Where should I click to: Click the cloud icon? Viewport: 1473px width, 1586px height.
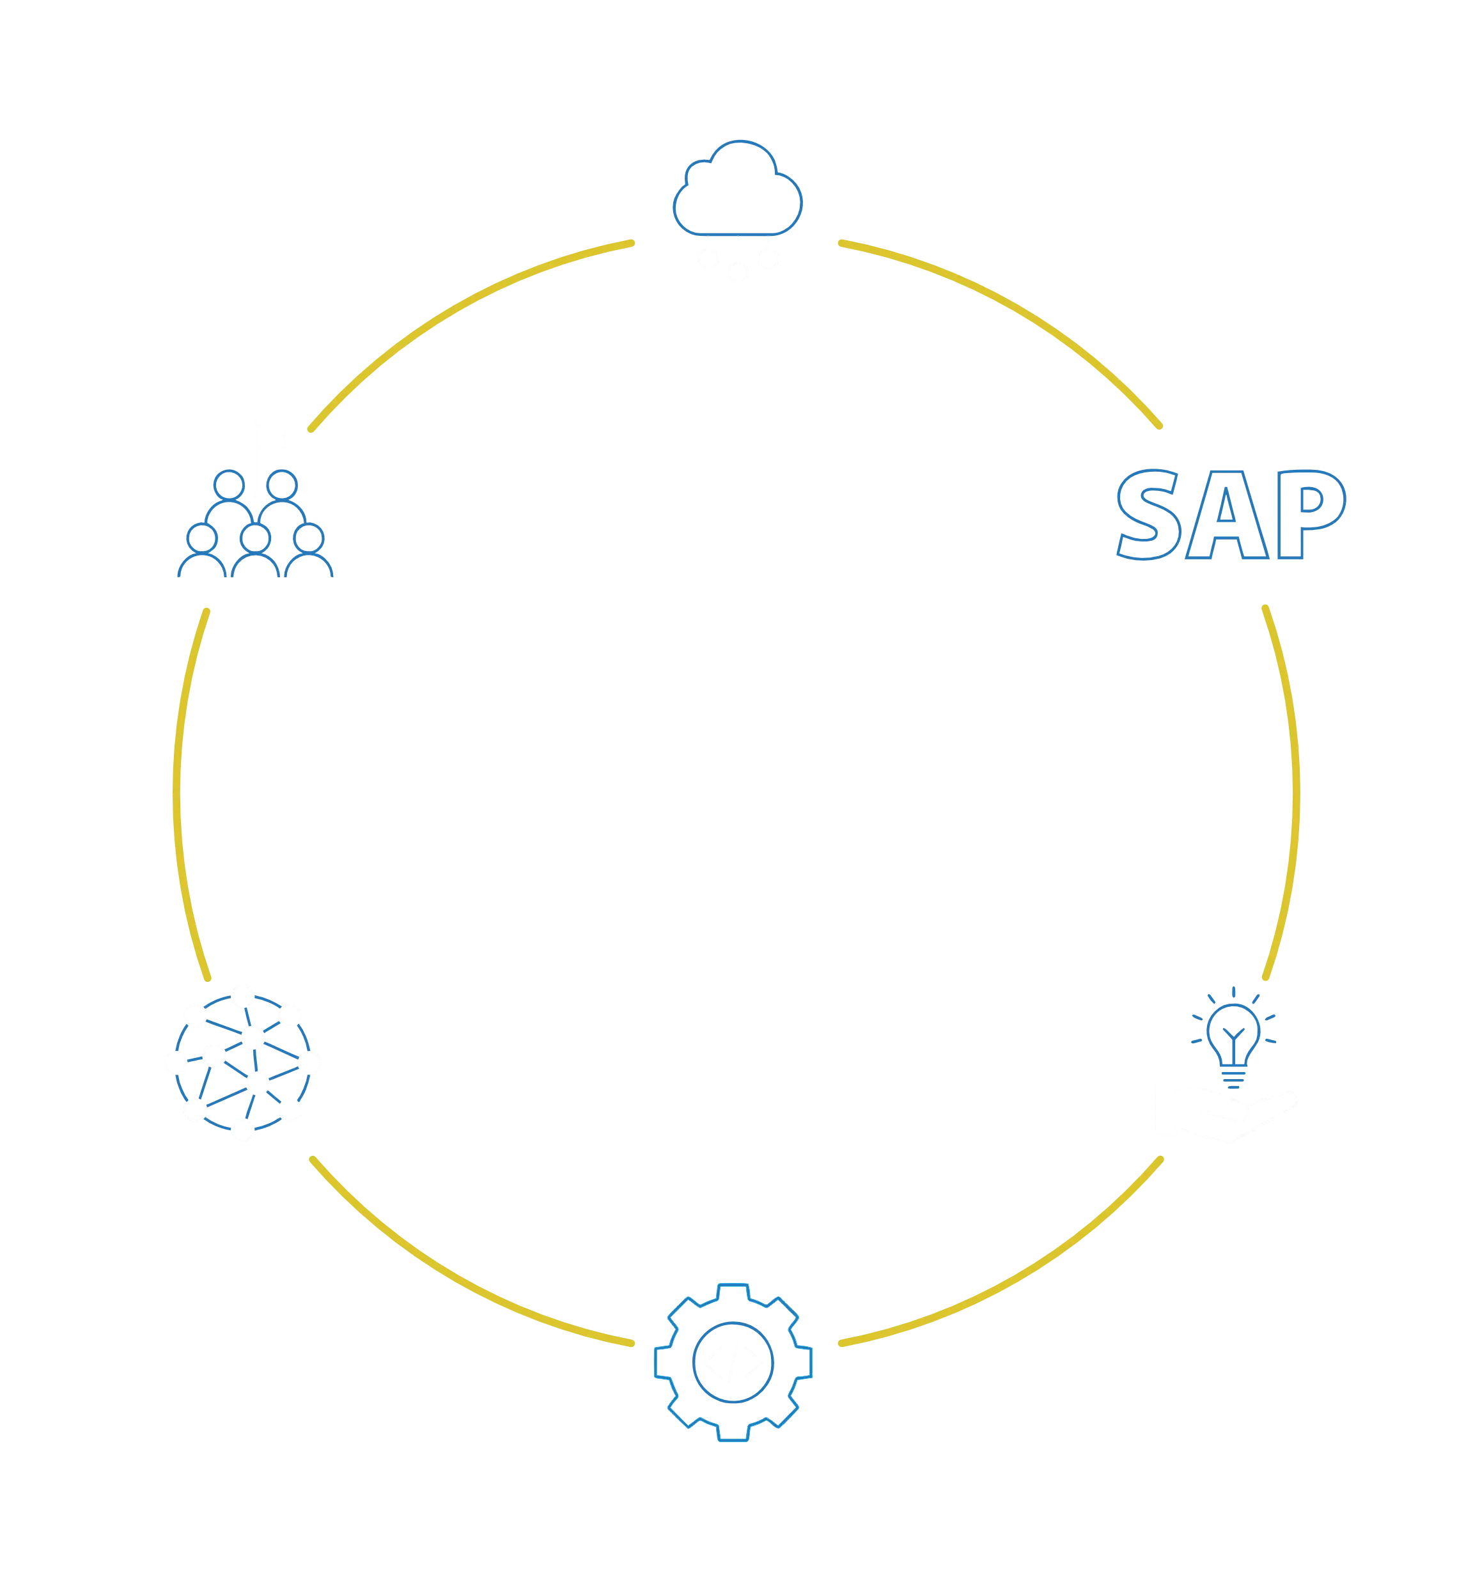click(x=736, y=190)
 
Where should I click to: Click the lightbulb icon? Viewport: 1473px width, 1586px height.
click(x=1233, y=1037)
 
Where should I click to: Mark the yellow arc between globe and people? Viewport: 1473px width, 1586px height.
click(x=177, y=793)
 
